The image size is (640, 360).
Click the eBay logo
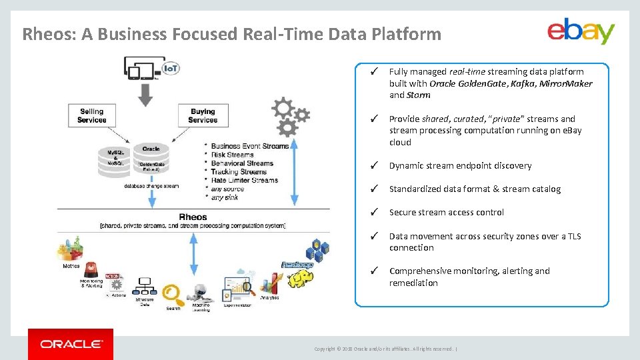581,31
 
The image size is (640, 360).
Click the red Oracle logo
71,344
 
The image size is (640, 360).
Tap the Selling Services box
92,116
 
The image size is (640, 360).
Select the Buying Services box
203,116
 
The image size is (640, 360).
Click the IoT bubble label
171,69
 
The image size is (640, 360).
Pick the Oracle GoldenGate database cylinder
151,161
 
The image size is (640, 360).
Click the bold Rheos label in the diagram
193,217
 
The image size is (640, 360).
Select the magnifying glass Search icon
173,293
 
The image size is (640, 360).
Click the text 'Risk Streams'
233,155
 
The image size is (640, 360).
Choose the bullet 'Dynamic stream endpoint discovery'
460,165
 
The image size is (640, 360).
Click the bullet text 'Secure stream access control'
446,212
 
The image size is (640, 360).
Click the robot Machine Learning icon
200,293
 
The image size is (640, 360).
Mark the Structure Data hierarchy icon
144,287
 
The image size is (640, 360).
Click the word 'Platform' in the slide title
410,34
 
